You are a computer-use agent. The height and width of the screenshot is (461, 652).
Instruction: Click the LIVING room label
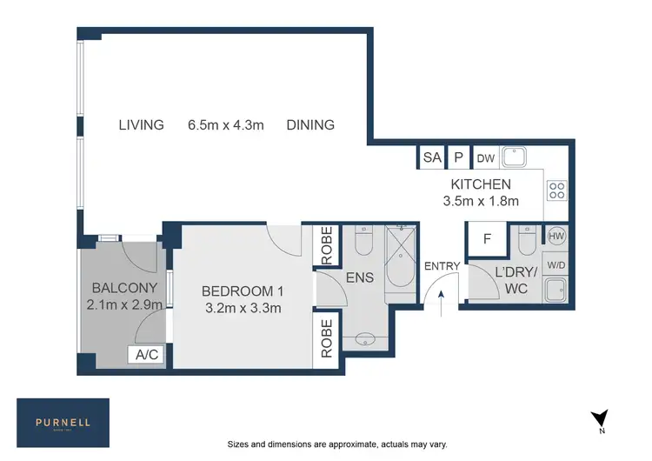(141, 125)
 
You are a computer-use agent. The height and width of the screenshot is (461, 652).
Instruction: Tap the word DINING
(310, 125)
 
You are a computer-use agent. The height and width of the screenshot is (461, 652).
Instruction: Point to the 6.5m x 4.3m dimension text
(225, 125)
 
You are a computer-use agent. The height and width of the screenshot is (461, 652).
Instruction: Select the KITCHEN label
(480, 184)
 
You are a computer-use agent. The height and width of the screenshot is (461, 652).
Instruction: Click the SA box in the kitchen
(431, 157)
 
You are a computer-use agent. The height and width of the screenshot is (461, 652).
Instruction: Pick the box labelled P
(457, 157)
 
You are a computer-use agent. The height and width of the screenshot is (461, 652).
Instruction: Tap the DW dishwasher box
(484, 157)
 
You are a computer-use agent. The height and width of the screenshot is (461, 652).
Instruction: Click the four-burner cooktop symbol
(556, 190)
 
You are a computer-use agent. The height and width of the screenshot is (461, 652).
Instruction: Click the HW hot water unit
(556, 235)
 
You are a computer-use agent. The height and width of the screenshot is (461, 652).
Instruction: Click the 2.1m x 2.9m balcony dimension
(124, 304)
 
